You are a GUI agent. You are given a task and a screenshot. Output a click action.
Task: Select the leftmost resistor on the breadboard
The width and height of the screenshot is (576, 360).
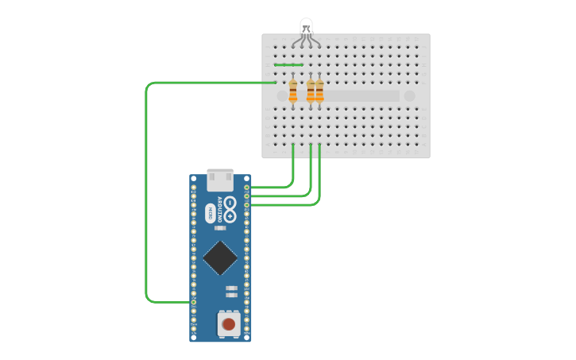pyautogui.click(x=293, y=92)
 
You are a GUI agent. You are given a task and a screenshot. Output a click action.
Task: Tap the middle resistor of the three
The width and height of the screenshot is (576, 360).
pyautogui.click(x=311, y=92)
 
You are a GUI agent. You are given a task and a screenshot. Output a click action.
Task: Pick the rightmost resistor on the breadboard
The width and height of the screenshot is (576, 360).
pyautogui.click(x=319, y=92)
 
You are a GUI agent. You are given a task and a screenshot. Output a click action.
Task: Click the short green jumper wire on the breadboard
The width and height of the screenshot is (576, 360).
pyautogui.click(x=288, y=65)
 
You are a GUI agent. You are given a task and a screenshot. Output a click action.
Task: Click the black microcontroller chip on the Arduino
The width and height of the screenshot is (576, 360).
pyautogui.click(x=220, y=257)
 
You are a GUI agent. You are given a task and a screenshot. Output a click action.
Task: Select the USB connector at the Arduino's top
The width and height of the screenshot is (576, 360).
pyautogui.click(x=220, y=180)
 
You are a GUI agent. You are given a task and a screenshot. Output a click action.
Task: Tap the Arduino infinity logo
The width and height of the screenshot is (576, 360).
pyautogui.click(x=230, y=208)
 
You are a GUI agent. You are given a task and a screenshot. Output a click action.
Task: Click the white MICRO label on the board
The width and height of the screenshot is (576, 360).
pyautogui.click(x=211, y=213)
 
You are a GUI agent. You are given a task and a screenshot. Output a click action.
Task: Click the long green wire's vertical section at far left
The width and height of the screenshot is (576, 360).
pyautogui.click(x=146, y=191)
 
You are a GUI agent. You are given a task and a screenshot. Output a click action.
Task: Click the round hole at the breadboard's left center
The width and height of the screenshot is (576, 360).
pyautogui.click(x=282, y=95)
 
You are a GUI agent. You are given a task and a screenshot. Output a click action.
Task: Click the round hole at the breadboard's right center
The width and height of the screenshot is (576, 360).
pyautogui.click(x=409, y=95)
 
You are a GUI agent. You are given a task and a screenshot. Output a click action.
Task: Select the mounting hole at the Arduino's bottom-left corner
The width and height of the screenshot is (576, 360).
pyautogui.click(x=194, y=337)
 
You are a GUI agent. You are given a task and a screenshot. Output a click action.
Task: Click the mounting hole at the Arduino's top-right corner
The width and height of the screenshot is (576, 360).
pyautogui.click(x=247, y=179)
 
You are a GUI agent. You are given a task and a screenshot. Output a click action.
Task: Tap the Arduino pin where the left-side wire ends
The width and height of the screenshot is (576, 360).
pyautogui.click(x=193, y=302)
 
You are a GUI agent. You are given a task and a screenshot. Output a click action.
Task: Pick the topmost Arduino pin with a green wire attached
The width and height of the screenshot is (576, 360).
pyautogui.click(x=247, y=188)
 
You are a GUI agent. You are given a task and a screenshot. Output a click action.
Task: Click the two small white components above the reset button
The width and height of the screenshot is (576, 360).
pyautogui.click(x=231, y=291)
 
